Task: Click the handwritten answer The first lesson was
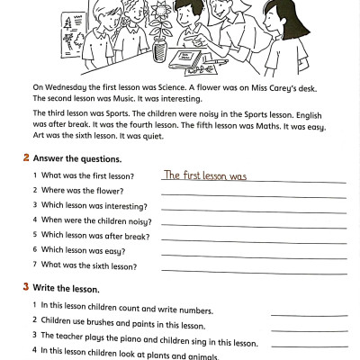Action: tap(204, 175)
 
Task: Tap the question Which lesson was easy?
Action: tap(83, 250)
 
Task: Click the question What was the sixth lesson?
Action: tap(89, 265)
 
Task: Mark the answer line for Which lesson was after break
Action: tap(253, 239)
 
